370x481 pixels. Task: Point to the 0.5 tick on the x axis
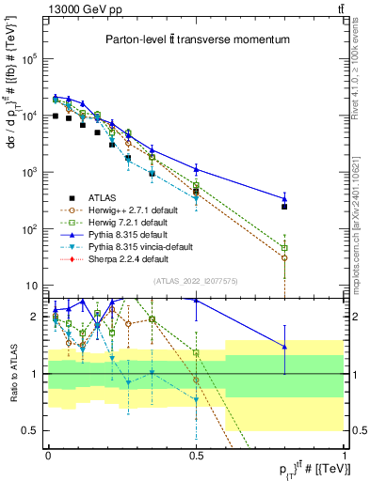[196, 454]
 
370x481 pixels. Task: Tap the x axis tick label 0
[48, 454]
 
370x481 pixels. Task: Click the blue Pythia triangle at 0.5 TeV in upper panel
[196, 169]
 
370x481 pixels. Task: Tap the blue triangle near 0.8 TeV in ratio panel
[284, 347]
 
